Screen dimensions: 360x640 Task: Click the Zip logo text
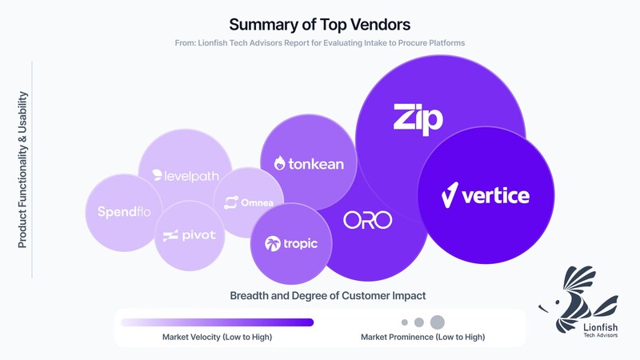click(x=418, y=118)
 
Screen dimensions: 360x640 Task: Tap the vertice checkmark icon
click(x=450, y=194)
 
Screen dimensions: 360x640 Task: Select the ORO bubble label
click(x=368, y=220)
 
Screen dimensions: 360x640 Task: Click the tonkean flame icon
click(x=279, y=163)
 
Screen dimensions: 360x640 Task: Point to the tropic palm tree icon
click(x=273, y=243)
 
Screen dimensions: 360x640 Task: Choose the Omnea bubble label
click(x=249, y=202)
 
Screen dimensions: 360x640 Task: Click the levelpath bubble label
click(x=185, y=176)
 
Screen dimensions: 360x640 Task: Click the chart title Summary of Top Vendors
click(x=319, y=24)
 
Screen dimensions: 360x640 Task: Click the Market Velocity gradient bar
click(x=217, y=322)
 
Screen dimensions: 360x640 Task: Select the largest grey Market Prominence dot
click(x=437, y=322)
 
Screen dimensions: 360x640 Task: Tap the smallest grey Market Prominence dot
click(x=405, y=322)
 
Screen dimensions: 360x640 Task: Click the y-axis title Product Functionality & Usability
click(x=22, y=169)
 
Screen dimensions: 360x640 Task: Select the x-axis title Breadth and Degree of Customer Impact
click(x=328, y=296)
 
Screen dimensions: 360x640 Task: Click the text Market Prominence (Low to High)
click(x=422, y=337)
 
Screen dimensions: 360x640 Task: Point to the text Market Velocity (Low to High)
click(x=217, y=337)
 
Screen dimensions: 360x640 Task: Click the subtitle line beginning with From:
click(x=319, y=42)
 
